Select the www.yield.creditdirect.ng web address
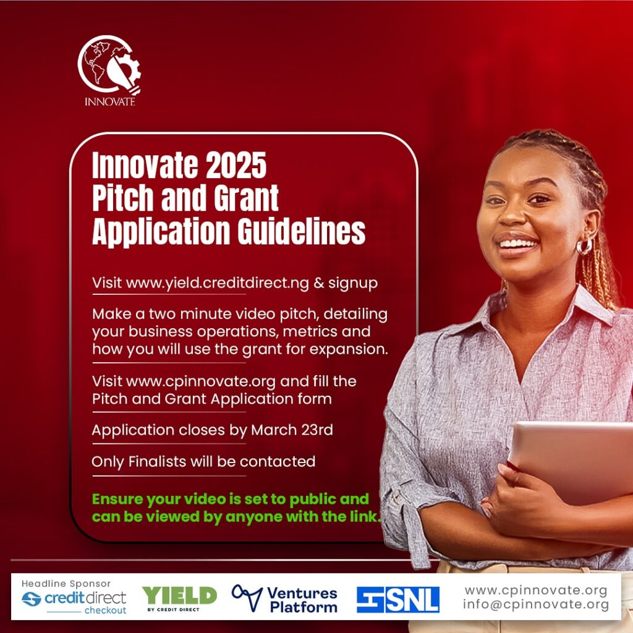coord(218,283)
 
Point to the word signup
coord(353,283)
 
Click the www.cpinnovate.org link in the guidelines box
coord(201,381)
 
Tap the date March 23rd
coord(292,430)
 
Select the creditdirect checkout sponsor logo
coord(74,601)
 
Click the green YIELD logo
coord(180,598)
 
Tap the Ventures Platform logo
coord(284,600)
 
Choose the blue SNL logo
coord(398,600)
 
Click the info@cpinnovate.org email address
coord(536,605)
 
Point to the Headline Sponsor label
coord(66,584)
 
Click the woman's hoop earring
coord(584,246)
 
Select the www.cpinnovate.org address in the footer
coord(536,590)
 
